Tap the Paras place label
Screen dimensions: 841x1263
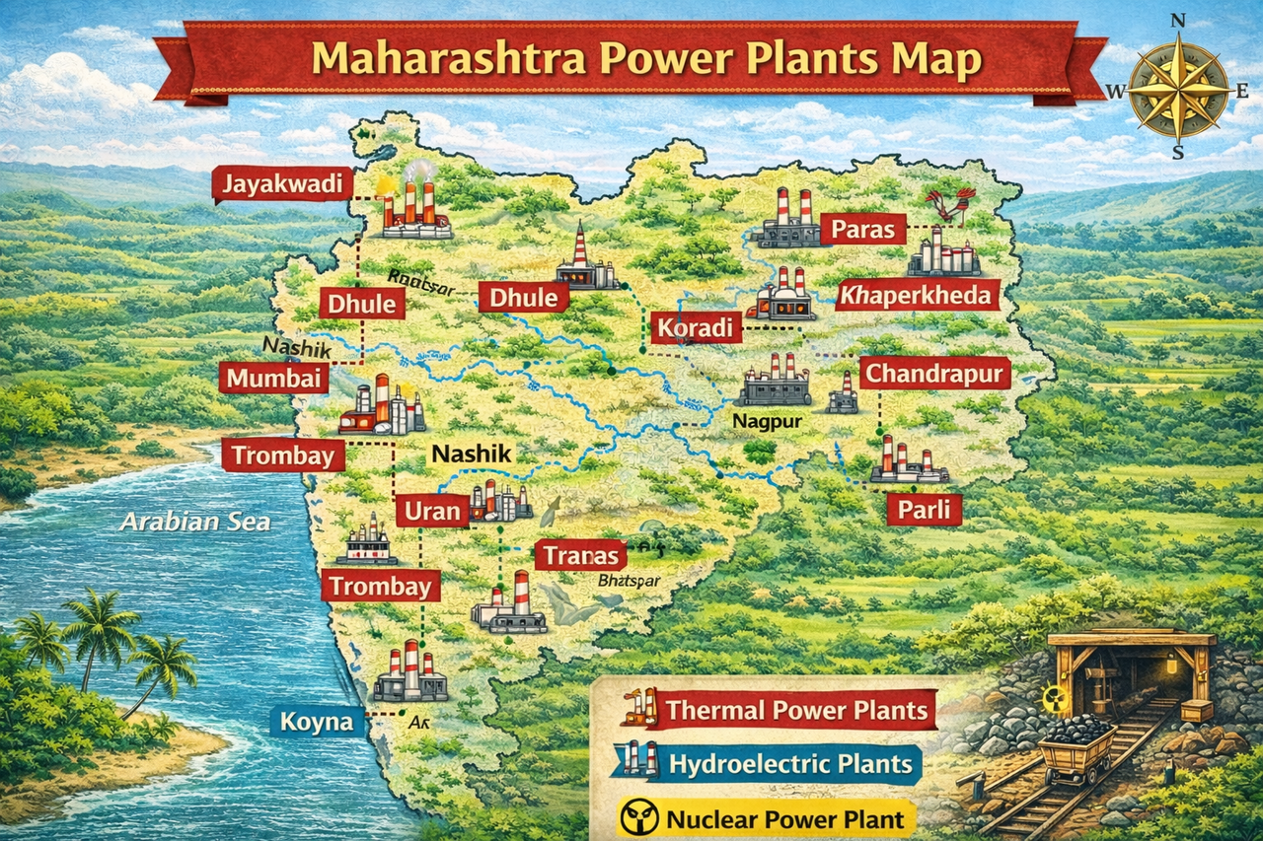(x=861, y=231)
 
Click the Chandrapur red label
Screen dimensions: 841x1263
(x=934, y=375)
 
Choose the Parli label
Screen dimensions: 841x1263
(x=924, y=510)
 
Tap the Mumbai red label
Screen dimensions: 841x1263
(x=273, y=378)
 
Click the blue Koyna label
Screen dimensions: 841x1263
(x=317, y=722)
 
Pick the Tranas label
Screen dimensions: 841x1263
(x=580, y=555)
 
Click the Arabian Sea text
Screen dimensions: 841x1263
(x=194, y=522)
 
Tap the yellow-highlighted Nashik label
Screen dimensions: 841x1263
(x=473, y=455)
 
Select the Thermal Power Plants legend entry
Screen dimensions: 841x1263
(x=796, y=710)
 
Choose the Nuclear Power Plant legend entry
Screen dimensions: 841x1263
(x=784, y=818)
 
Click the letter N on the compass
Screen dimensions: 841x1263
(x=1177, y=21)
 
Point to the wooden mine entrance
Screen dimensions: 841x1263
(x=1130, y=670)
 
